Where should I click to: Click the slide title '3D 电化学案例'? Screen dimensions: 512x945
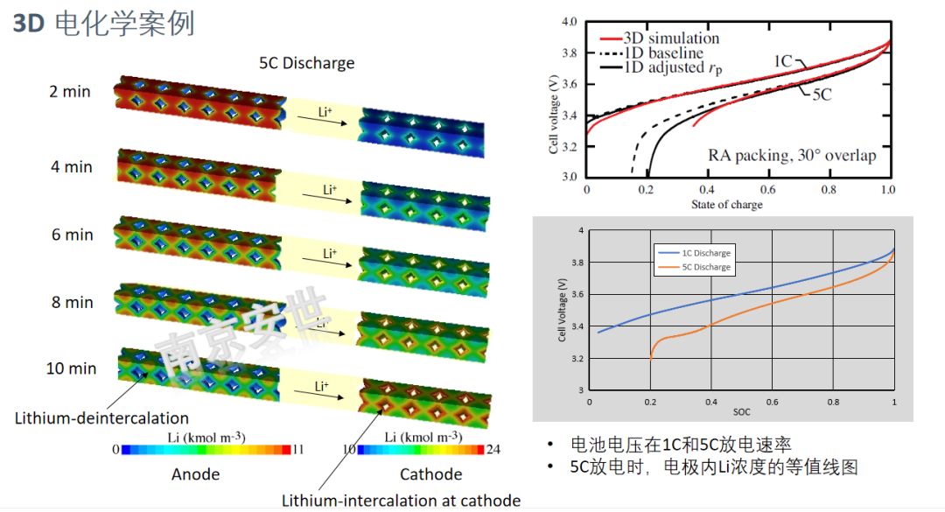pyautogui.click(x=103, y=24)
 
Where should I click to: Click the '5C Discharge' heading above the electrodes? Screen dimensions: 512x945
pyautogui.click(x=306, y=63)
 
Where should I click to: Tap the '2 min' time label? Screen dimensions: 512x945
pyautogui.click(x=71, y=90)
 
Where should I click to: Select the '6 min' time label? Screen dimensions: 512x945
pyautogui.click(x=71, y=235)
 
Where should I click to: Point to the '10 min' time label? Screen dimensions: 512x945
pyautogui.click(x=71, y=368)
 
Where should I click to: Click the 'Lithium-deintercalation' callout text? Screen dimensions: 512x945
pyautogui.click(x=101, y=417)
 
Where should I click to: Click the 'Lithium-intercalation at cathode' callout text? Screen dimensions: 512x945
pyautogui.click(x=401, y=501)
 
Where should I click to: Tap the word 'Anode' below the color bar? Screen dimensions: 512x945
pyautogui.click(x=196, y=474)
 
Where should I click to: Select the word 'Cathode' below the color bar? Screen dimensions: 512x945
pyautogui.click(x=430, y=474)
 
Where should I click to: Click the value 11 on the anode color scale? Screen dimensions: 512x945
pyautogui.click(x=298, y=449)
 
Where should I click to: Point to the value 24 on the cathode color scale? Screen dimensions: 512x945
pyautogui.click(x=493, y=449)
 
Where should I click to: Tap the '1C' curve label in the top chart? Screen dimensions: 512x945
pyautogui.click(x=783, y=60)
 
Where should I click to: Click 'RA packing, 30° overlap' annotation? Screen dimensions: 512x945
pyautogui.click(x=791, y=156)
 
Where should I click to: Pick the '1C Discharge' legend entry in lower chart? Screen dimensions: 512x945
pyautogui.click(x=706, y=253)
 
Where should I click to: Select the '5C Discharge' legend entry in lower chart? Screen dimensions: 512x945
pyautogui.click(x=706, y=268)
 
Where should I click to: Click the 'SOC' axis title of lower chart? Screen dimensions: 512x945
pyautogui.click(x=741, y=410)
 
